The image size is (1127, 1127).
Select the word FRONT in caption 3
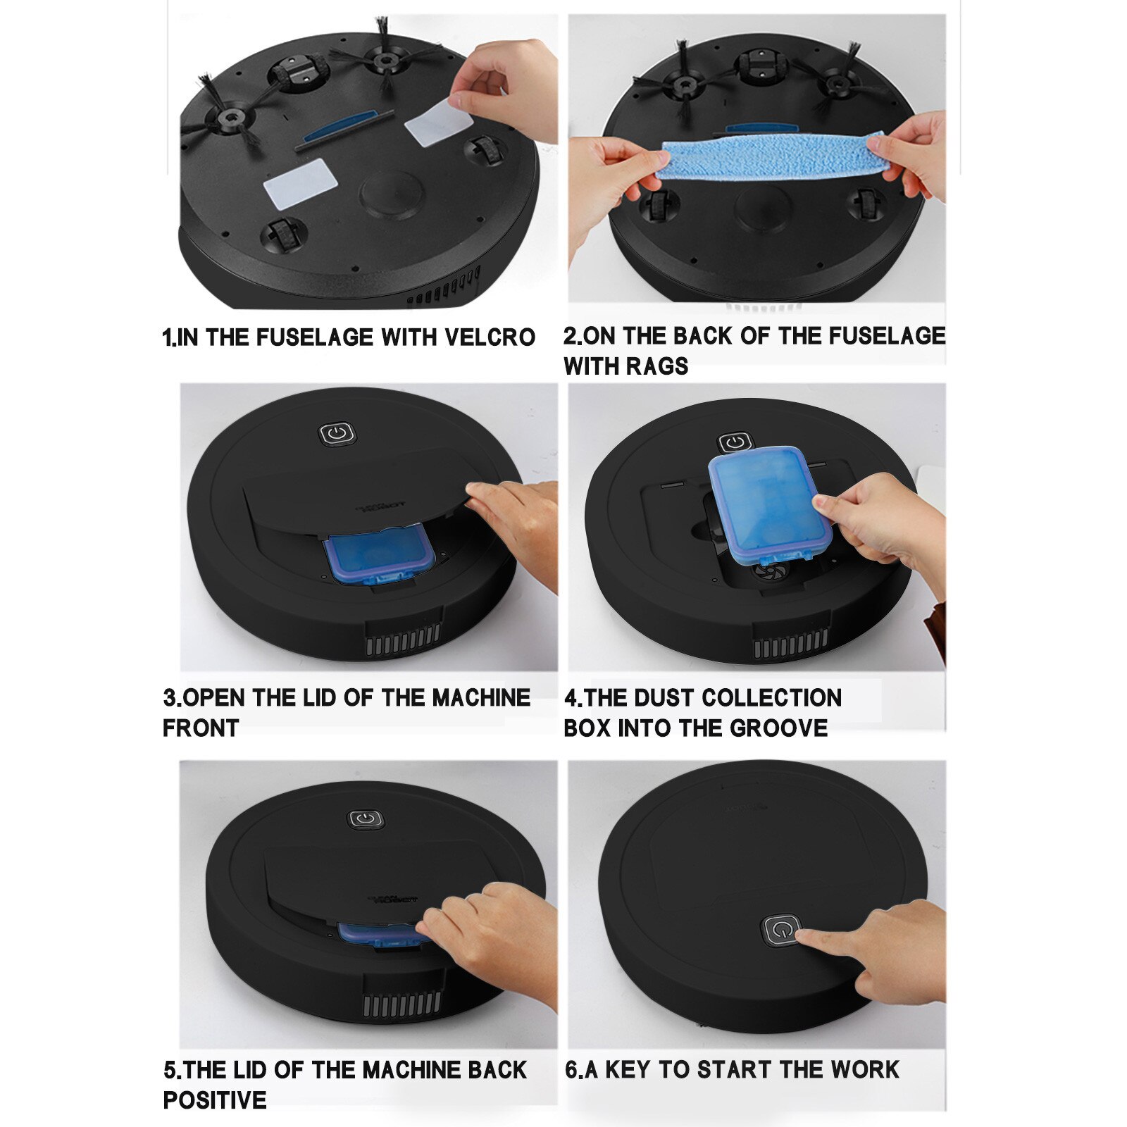[x=201, y=728]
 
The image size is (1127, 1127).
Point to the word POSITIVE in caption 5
[x=215, y=1100]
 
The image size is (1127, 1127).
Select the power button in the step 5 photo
[x=366, y=819]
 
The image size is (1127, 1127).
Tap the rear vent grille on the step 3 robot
[x=403, y=640]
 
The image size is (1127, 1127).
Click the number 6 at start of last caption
[x=571, y=1069]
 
